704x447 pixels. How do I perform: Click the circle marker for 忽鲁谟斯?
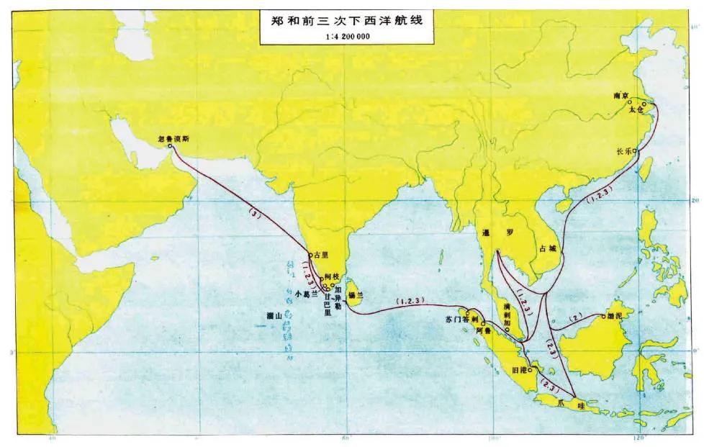[170, 146]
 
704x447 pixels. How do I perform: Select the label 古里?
[320, 255]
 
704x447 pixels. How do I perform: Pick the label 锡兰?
[356, 295]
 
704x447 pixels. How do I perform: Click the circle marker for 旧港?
[531, 370]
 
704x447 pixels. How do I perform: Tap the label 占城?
[549, 248]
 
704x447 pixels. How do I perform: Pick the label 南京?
[621, 94]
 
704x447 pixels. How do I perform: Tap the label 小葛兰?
[307, 294]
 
